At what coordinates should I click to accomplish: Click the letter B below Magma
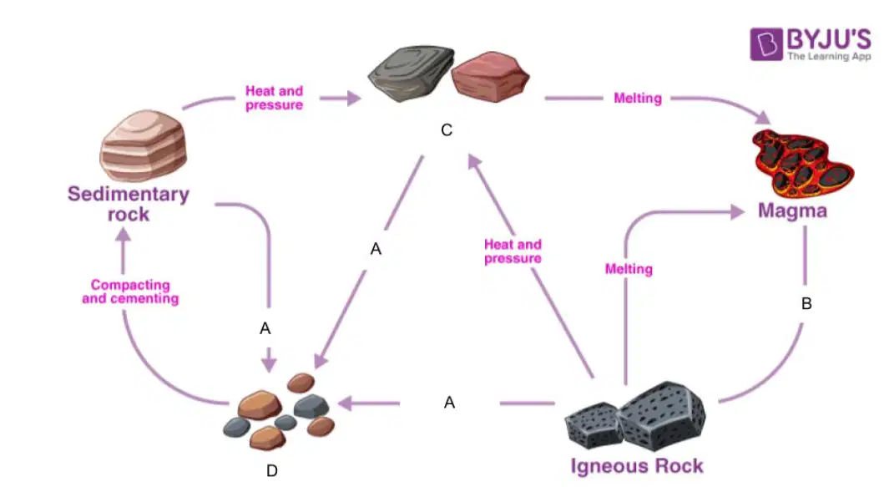pos(806,304)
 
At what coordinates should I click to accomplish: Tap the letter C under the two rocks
pos(447,130)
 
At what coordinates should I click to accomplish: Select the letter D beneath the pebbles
pos(272,470)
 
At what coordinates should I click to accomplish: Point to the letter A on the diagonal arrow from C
pos(376,249)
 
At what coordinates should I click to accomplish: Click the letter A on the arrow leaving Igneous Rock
pos(450,403)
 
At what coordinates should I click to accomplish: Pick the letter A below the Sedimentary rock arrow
pos(265,328)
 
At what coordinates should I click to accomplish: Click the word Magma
pos(792,211)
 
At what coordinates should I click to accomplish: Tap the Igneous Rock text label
pos(637,466)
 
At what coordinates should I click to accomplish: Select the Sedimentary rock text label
pos(129,204)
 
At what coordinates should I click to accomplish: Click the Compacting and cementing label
pos(130,292)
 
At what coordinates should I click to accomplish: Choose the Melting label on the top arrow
pos(638,99)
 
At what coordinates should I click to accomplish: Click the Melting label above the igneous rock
pos(629,269)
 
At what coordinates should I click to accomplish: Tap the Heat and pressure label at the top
pos(275,98)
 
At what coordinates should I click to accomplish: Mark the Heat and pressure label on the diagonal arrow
pos(513,251)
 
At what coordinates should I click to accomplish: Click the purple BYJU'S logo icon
pos(766,43)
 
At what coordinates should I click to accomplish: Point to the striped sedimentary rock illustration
pos(143,145)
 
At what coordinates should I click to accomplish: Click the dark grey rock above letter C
pos(412,74)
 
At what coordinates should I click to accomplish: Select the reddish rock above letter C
pos(491,77)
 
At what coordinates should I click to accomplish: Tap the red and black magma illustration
pos(802,164)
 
